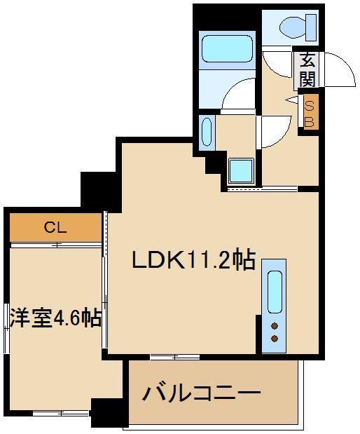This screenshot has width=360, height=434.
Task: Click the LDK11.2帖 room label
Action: (193, 261)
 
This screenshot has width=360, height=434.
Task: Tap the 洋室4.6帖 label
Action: (55, 318)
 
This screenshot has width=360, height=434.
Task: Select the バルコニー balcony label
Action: (202, 393)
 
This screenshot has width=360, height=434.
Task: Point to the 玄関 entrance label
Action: (307, 70)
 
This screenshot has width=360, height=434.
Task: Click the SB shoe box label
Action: (310, 112)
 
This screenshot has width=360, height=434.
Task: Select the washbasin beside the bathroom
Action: (207, 133)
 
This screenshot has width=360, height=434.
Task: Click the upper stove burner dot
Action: (274, 325)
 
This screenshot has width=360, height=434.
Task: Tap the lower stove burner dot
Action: (274, 339)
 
